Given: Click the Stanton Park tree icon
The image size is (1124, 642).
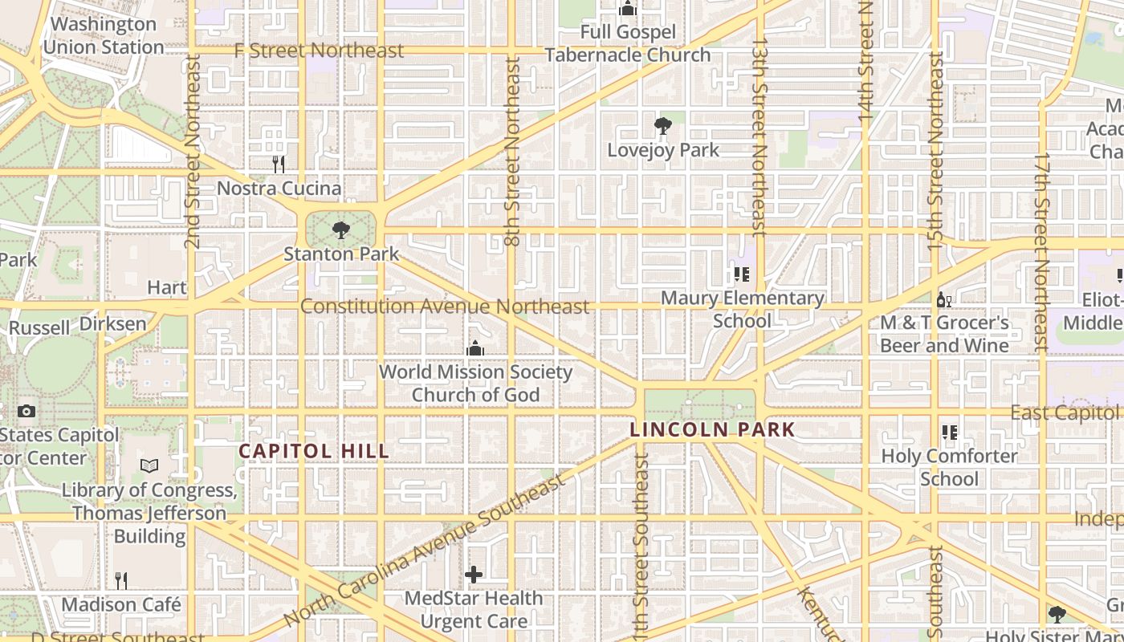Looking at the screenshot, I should click(x=341, y=230).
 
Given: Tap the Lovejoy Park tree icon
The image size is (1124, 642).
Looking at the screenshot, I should click(x=662, y=126).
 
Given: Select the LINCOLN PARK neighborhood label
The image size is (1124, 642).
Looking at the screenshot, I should click(x=712, y=429).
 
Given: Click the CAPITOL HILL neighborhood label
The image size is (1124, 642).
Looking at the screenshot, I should click(x=314, y=451).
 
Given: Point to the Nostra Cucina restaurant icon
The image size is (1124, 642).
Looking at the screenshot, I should click(x=279, y=165).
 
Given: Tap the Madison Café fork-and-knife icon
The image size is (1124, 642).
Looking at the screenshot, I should click(x=121, y=580).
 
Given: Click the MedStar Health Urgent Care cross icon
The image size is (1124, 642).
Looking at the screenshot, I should click(x=474, y=575).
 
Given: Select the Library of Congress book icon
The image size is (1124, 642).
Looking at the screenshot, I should click(x=149, y=465).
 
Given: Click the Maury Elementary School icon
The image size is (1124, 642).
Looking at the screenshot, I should click(x=742, y=274).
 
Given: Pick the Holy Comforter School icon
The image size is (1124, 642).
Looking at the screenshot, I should click(x=950, y=433).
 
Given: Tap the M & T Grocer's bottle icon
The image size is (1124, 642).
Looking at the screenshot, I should click(x=944, y=300).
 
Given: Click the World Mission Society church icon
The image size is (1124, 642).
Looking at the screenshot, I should click(x=475, y=348).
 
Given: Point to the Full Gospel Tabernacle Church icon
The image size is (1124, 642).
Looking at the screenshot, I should click(x=628, y=9).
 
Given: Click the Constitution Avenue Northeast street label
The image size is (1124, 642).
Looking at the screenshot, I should click(x=445, y=307).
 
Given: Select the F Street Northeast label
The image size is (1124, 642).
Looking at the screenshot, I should click(x=319, y=51).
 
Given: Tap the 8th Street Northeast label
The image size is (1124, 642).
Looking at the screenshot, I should click(x=514, y=151).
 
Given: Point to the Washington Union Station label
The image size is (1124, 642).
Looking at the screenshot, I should click(x=104, y=35).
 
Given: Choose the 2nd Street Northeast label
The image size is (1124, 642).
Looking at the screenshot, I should click(x=192, y=151).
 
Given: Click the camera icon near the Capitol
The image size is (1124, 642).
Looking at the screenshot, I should click(x=26, y=411).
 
